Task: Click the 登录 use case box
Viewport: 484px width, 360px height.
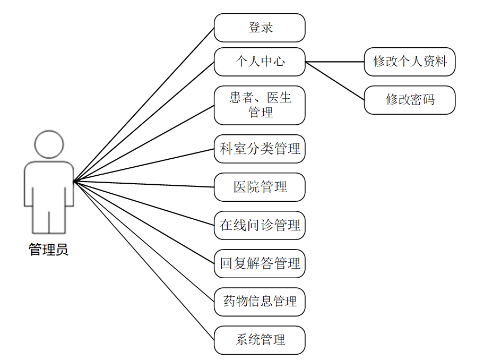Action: pos(260,28)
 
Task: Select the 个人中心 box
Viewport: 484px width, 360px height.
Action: pos(260,62)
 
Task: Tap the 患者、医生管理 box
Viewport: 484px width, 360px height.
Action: pos(260,105)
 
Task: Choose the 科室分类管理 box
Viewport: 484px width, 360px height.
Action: pos(260,149)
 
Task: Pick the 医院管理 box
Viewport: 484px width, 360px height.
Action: pos(260,187)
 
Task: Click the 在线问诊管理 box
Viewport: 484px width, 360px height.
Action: pos(260,225)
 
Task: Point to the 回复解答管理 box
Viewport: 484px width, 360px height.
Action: pos(260,263)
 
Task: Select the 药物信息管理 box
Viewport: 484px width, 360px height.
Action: pos(260,302)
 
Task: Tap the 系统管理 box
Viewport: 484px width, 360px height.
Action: pos(260,340)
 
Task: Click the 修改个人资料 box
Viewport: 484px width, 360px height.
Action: pos(410,62)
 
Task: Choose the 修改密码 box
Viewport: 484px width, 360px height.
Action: pos(410,100)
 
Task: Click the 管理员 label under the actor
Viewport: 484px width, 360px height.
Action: pos(48,250)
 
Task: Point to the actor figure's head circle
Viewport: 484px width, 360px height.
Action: pos(49,145)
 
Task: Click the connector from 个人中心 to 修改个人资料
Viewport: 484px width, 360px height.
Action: pos(335,62)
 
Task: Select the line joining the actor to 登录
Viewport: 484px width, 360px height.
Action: pos(143,105)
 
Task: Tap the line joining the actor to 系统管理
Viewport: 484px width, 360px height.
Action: pos(143,260)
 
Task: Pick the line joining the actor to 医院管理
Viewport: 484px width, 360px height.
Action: pos(143,184)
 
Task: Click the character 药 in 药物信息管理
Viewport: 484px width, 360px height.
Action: pos(229,302)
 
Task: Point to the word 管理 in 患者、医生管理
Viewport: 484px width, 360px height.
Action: pos(260,113)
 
